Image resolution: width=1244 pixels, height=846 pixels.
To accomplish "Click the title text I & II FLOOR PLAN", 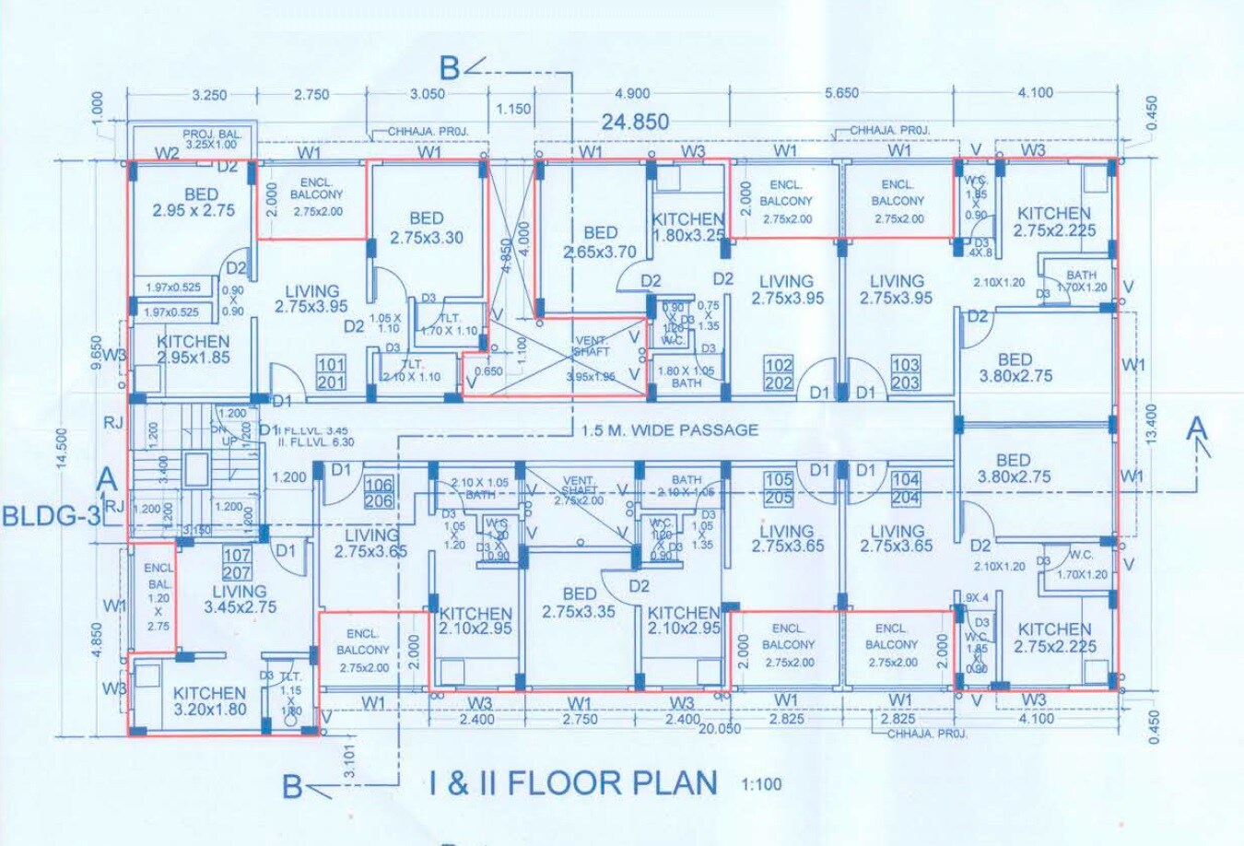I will (573, 783).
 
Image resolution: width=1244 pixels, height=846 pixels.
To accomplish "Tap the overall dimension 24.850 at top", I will (636, 122).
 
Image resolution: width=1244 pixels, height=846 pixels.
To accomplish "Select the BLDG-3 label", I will (51, 515).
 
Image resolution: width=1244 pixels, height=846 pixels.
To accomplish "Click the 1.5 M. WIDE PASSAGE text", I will (670, 429).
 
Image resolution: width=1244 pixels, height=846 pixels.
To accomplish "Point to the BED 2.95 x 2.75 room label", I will (194, 202).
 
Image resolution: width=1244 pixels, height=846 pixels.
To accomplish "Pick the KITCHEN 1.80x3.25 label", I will (687, 227).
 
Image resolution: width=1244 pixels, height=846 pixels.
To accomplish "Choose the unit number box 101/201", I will (331, 372).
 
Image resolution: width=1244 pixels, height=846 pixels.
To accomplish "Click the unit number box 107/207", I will (237, 564).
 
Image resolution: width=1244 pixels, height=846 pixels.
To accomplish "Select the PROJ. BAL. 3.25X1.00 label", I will (210, 139).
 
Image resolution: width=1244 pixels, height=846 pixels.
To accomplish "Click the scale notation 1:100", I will (761, 785).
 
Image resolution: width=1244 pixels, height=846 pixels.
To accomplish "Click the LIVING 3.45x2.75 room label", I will (239, 599).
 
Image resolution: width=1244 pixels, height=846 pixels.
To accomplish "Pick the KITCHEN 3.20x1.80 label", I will (209, 700).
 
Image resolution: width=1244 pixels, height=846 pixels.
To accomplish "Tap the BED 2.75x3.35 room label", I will (579, 603).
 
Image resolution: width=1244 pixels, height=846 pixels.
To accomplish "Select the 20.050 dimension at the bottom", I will (719, 728).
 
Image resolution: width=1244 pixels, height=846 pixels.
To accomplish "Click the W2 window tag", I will (166, 153).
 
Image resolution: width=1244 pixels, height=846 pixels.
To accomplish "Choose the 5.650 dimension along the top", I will (840, 93).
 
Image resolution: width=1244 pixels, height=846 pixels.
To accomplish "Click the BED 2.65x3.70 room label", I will (600, 241).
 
